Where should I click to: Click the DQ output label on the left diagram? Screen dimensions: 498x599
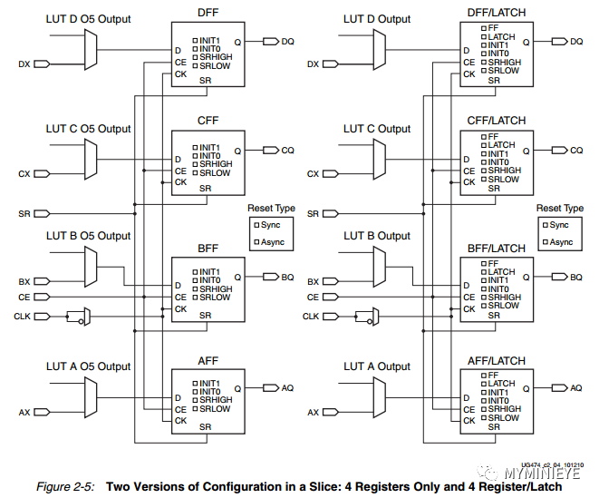click(x=287, y=41)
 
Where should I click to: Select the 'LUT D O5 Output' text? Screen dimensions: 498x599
click(x=88, y=20)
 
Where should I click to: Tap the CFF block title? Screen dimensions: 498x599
click(x=208, y=121)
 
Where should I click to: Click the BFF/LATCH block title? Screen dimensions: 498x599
click(x=496, y=248)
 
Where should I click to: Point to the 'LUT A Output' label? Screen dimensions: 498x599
click(x=377, y=366)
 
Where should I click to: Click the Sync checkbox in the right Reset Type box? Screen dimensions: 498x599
click(x=543, y=224)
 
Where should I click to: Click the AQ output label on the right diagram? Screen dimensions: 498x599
click(x=575, y=387)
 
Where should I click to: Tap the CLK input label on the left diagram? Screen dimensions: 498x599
click(x=22, y=316)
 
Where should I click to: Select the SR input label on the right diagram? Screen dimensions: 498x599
click(x=313, y=213)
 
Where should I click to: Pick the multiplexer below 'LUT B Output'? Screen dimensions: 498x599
click(x=380, y=265)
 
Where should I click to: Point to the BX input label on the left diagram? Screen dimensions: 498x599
click(x=24, y=281)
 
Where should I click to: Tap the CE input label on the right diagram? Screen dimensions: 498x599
click(x=313, y=297)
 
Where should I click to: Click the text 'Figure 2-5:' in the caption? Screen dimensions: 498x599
click(x=66, y=487)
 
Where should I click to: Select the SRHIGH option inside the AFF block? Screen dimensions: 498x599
click(x=215, y=400)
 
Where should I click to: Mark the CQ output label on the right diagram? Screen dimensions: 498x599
click(x=575, y=150)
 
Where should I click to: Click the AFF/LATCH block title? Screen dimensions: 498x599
click(x=496, y=360)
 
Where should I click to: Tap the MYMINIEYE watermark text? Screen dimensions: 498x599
click(x=543, y=474)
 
